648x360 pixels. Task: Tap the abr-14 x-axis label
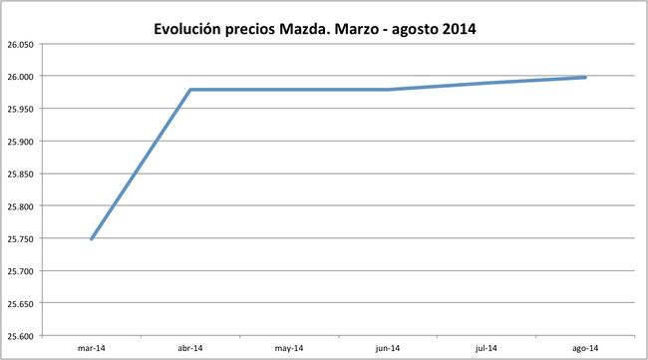coord(189,348)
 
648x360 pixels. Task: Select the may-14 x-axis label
coord(288,348)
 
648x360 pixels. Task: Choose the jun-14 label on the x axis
coord(388,348)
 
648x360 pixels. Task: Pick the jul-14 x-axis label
coord(486,348)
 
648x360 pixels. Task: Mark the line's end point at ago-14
coord(585,77)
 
